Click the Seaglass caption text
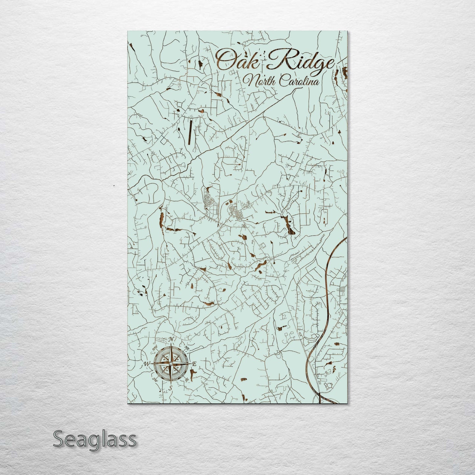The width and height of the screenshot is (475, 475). pyautogui.click(x=94, y=439)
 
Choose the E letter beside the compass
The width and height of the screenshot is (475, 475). pyautogui.click(x=194, y=364)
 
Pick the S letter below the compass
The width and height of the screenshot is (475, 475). pyautogui.click(x=170, y=388)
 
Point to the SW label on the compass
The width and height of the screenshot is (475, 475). pyautogui.click(x=154, y=379)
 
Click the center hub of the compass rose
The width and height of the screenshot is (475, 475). pyautogui.click(x=170, y=364)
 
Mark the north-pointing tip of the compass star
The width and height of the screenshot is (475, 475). pyautogui.click(x=170, y=345)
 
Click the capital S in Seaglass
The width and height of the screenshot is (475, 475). pyautogui.click(x=58, y=439)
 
